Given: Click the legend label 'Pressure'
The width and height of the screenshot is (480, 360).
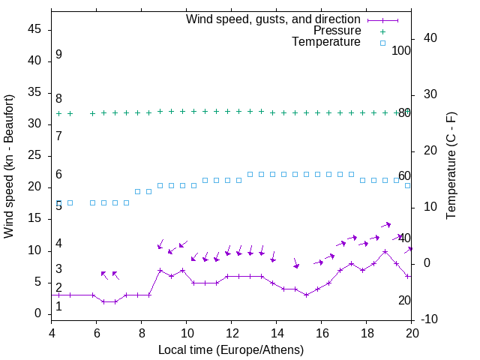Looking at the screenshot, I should (x=337, y=31).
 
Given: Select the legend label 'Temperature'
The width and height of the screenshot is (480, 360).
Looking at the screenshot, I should (x=326, y=42).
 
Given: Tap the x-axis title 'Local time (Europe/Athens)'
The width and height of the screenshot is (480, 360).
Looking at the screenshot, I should (x=231, y=349).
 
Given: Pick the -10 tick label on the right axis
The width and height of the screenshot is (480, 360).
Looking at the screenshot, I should (x=433, y=319).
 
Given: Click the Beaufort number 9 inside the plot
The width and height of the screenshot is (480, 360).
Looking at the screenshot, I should (x=58, y=55).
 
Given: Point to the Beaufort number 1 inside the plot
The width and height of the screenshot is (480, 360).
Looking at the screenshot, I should (x=58, y=307).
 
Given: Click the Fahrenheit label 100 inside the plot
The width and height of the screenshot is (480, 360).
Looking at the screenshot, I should (x=401, y=50).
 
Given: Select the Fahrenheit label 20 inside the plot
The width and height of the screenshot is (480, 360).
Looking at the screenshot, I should (x=404, y=300).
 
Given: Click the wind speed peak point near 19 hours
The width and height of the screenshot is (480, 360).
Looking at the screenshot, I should (x=385, y=251).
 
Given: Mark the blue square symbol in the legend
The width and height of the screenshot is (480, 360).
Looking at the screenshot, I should (x=382, y=42).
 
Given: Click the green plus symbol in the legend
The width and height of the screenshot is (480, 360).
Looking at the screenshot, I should (x=382, y=31).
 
